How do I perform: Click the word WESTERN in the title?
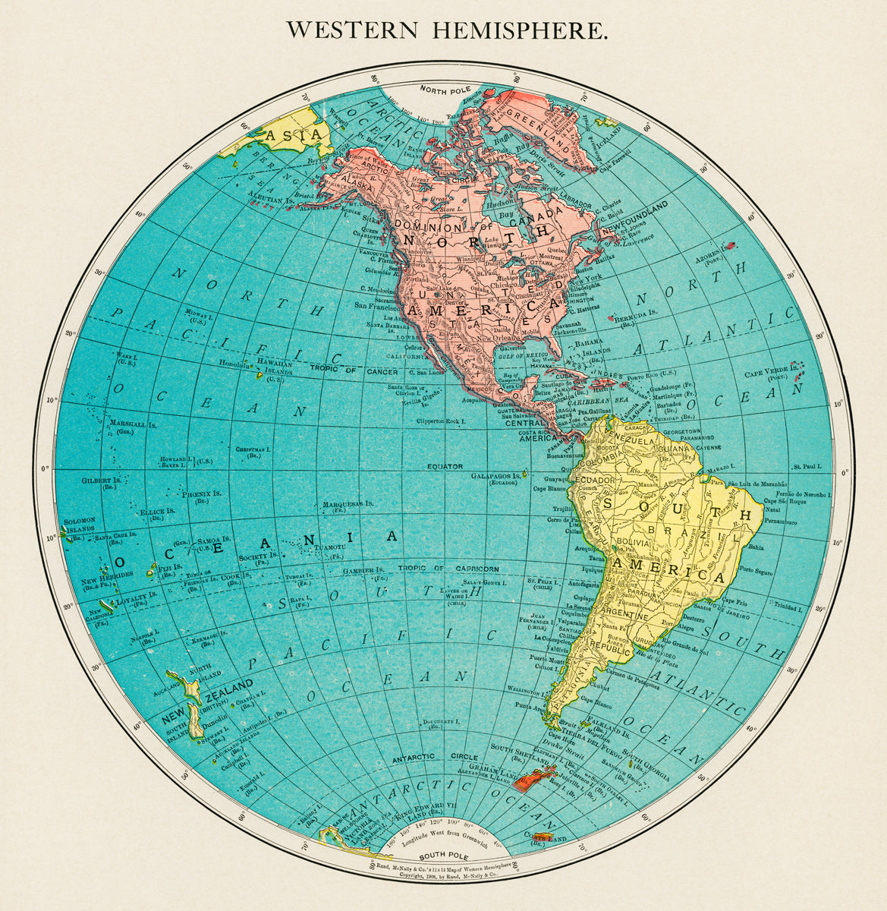(352, 31)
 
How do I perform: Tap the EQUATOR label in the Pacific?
(444, 466)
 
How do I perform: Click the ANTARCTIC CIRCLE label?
(435, 758)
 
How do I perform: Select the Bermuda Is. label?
(630, 315)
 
